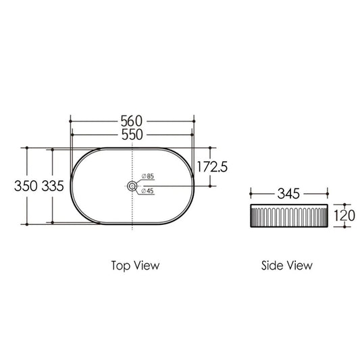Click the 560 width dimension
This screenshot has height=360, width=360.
[x=132, y=121]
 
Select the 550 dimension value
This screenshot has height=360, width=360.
[x=132, y=134]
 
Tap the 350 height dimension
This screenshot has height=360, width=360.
[x=26, y=186]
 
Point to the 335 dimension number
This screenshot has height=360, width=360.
[x=53, y=186]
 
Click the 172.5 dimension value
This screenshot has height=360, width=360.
[x=212, y=167]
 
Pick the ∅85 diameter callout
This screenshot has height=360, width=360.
[x=148, y=176]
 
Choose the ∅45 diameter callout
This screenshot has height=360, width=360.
[x=148, y=190]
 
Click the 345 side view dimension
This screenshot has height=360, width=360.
[x=288, y=194]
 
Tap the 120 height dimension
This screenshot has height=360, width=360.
[x=344, y=215]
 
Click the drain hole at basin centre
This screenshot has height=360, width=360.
[x=132, y=186]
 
